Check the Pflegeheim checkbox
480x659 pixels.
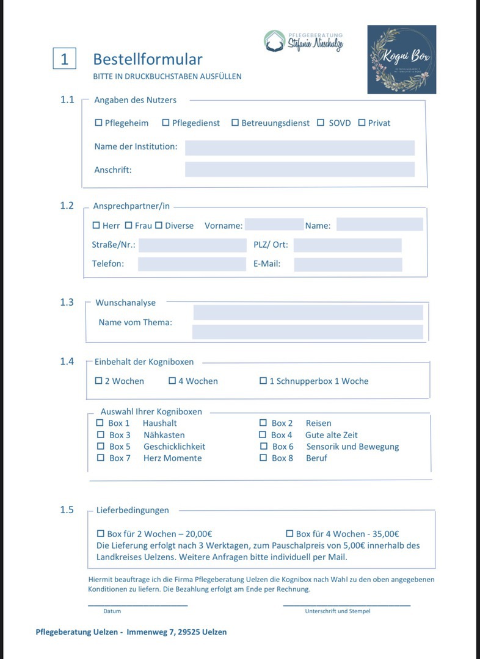(99, 123)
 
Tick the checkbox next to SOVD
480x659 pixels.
(321, 123)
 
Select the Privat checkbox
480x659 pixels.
(362, 123)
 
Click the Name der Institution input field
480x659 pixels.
(299, 148)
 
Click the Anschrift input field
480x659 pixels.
(299, 170)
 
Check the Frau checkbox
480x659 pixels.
(129, 225)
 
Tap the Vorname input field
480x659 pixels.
(274, 225)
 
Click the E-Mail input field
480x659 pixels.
(347, 264)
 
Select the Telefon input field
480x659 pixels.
(191, 264)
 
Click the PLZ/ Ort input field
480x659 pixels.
(347, 245)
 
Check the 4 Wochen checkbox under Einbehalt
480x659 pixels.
(172, 381)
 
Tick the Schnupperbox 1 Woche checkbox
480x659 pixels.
(263, 381)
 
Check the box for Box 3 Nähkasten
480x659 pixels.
(101, 435)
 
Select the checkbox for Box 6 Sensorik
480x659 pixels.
(263, 447)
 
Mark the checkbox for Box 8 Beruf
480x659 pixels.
(263, 458)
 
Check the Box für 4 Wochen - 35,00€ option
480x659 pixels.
(289, 533)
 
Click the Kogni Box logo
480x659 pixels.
(401, 59)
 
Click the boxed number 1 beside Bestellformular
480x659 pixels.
(64, 59)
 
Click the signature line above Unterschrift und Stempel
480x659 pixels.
(346, 605)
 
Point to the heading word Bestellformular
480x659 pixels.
(147, 59)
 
